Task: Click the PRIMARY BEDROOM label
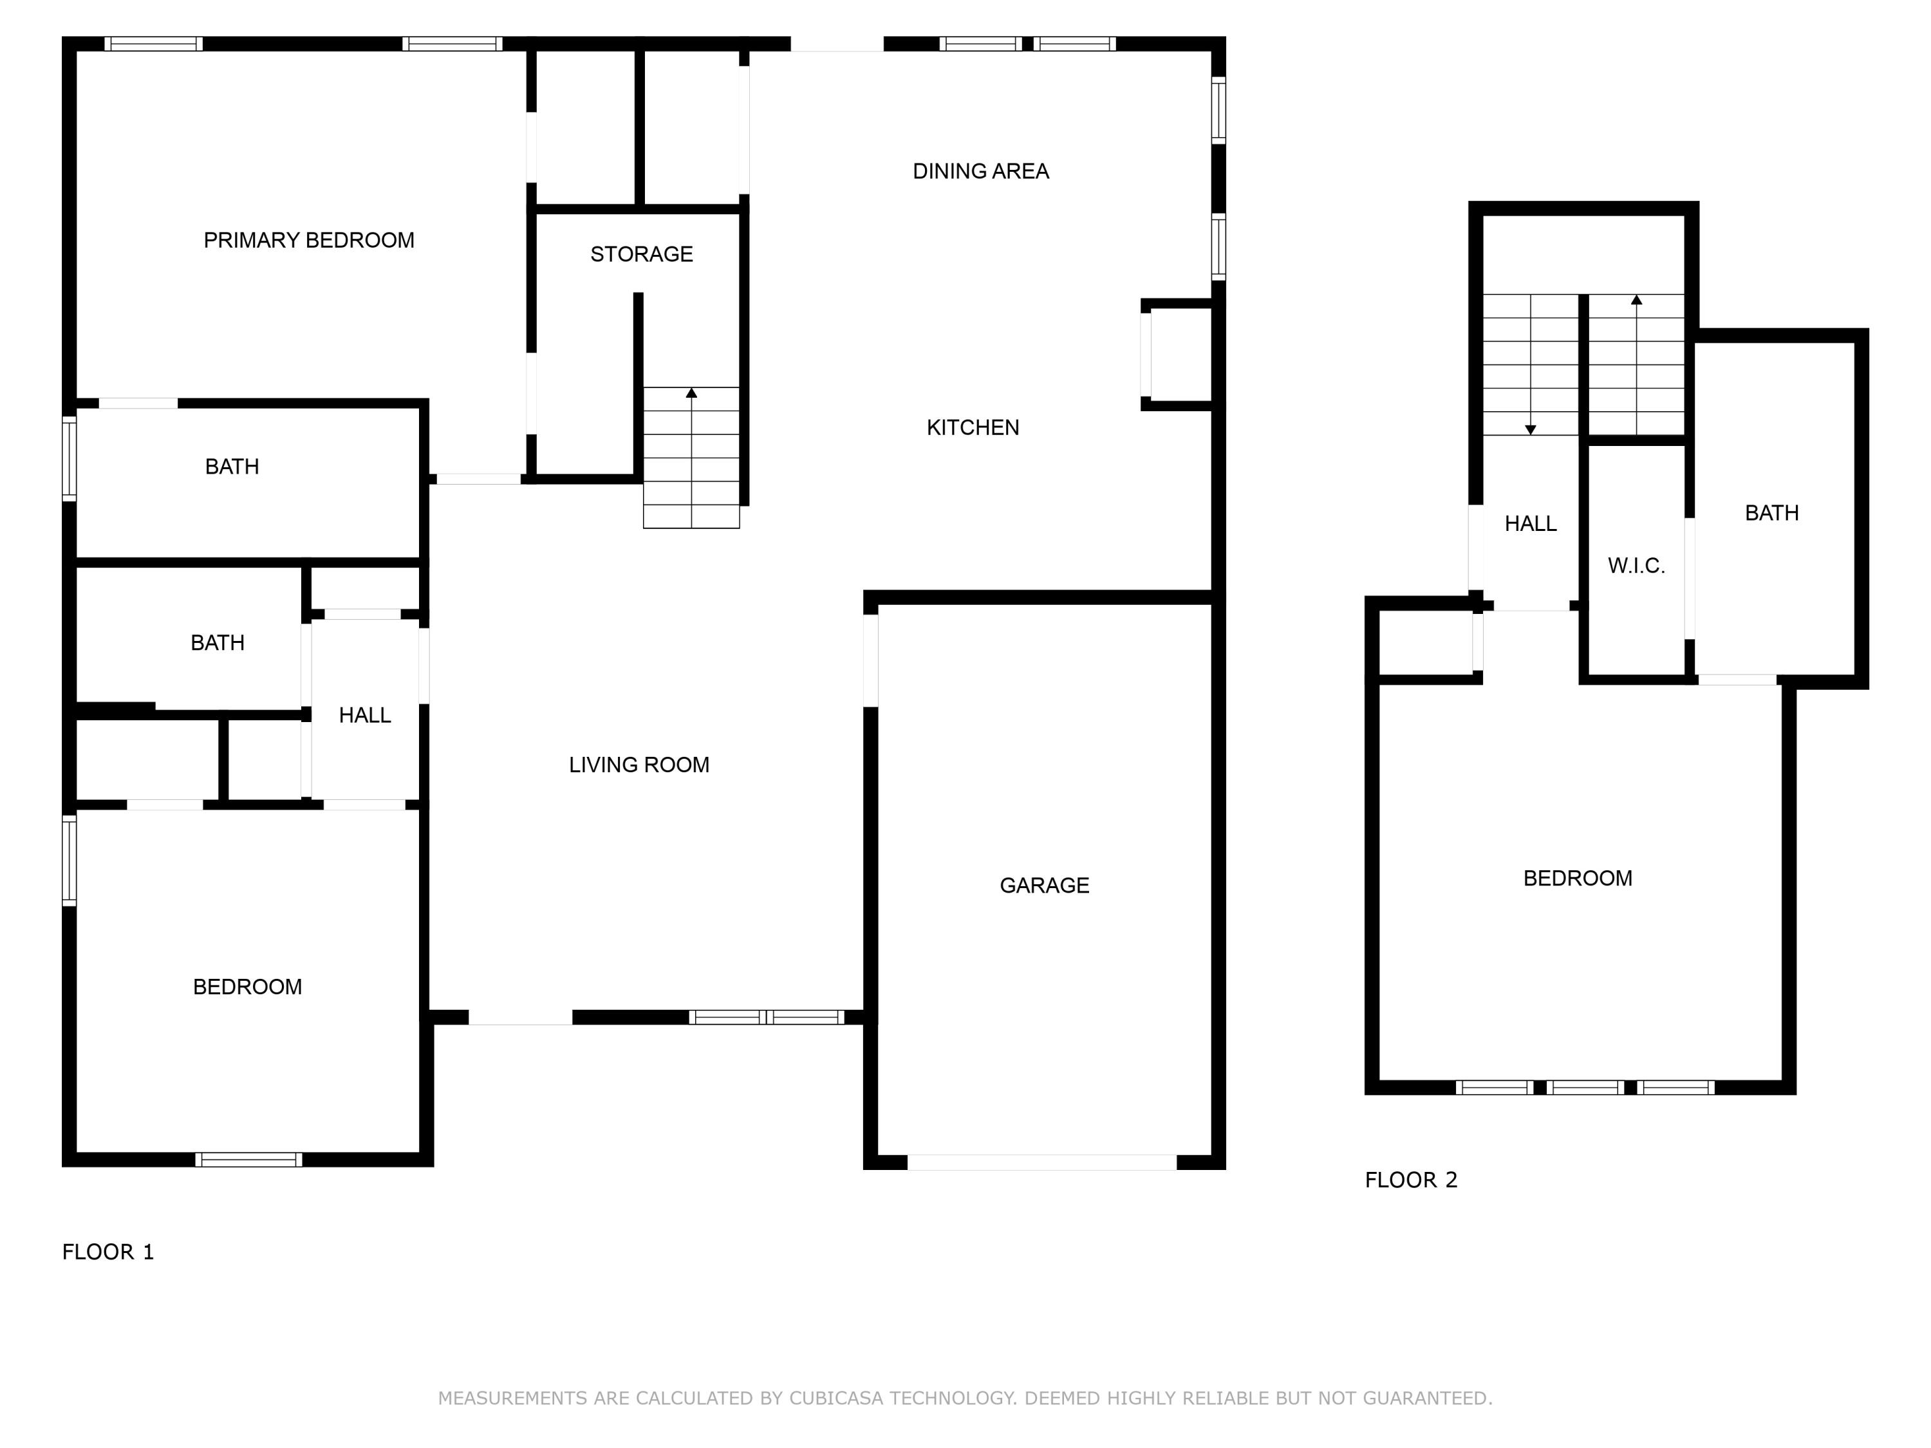[x=308, y=240]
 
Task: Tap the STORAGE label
[x=642, y=254]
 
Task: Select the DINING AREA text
[x=980, y=171]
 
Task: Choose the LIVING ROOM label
[x=639, y=765]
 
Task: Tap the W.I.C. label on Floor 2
[x=1636, y=566]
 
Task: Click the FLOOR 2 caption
[x=1411, y=1180]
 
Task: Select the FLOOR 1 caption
[x=108, y=1252]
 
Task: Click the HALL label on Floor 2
[x=1530, y=524]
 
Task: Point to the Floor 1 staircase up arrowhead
[x=691, y=393]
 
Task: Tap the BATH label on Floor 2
[x=1771, y=513]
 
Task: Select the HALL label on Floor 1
[x=364, y=716]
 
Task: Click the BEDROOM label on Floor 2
[x=1578, y=878]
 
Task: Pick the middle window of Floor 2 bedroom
[x=1585, y=1088]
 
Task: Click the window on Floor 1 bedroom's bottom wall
[x=249, y=1159]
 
